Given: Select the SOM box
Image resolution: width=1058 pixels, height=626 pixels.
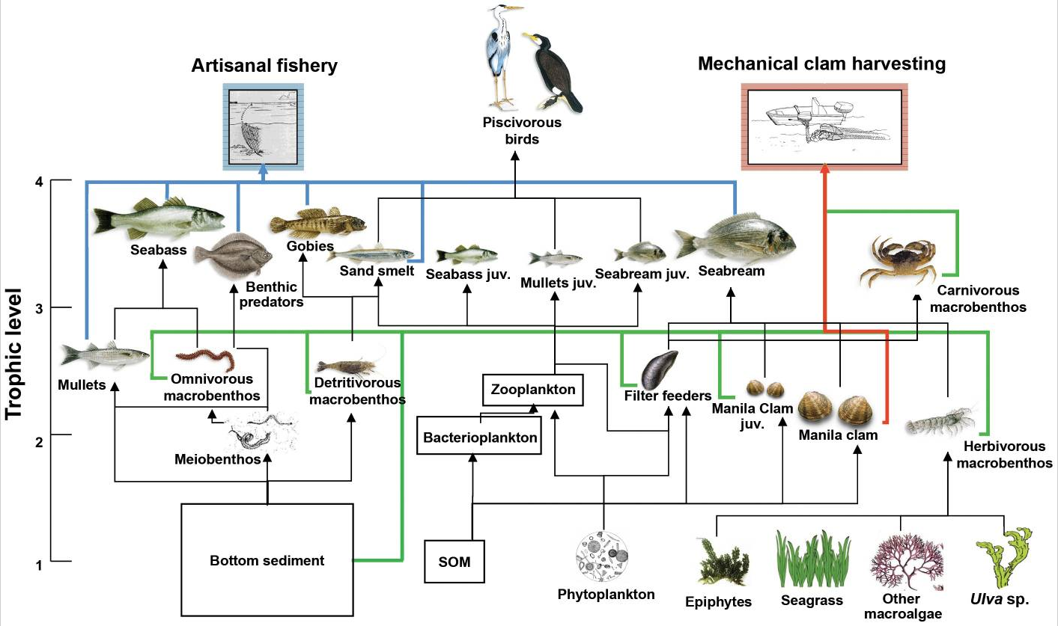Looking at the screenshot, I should [455, 561].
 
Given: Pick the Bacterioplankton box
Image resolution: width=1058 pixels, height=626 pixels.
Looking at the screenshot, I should [479, 438].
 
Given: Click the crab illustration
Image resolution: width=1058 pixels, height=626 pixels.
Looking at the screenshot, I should [899, 260].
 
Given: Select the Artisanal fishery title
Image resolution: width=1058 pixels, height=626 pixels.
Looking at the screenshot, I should [264, 66].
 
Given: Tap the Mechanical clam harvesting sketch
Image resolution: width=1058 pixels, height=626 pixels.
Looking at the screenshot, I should [824, 124].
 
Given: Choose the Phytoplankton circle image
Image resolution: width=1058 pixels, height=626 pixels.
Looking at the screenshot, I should [605, 557].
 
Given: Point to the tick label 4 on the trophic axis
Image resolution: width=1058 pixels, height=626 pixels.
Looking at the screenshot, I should [40, 181].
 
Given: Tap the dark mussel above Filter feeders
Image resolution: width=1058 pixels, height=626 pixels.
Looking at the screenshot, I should [659, 370].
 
